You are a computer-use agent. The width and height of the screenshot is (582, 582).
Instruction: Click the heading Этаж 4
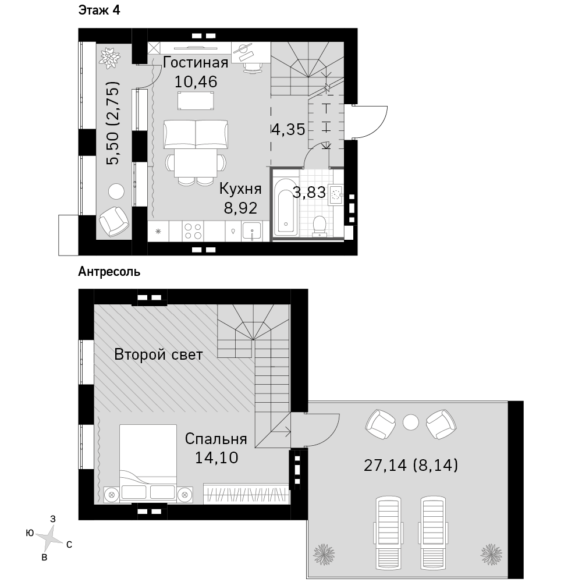click(99, 10)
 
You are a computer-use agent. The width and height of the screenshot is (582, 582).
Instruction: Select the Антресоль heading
click(109, 272)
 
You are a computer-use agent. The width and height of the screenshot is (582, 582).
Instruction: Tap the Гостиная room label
click(196, 62)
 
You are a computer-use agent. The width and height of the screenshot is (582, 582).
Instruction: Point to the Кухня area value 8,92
click(240, 208)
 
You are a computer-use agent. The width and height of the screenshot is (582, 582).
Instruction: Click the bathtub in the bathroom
click(285, 207)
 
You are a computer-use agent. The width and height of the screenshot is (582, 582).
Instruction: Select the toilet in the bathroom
click(319, 226)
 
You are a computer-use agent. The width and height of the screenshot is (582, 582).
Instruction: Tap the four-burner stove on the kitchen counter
click(193, 231)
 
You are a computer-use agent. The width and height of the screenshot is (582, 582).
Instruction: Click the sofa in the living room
click(196, 134)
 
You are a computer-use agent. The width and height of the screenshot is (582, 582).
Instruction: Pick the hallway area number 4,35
click(289, 130)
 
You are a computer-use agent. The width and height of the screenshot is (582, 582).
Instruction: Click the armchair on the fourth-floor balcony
click(114, 221)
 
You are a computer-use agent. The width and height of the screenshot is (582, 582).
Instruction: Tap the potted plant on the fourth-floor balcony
click(110, 58)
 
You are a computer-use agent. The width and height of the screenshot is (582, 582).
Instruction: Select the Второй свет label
click(158, 354)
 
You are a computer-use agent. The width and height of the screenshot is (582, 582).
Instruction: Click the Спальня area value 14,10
click(217, 457)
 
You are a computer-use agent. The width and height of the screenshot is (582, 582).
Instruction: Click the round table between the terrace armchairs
click(410, 423)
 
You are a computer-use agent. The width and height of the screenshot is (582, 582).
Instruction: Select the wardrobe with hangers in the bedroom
click(246, 494)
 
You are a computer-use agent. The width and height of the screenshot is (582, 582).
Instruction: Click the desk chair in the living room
click(253, 67)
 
